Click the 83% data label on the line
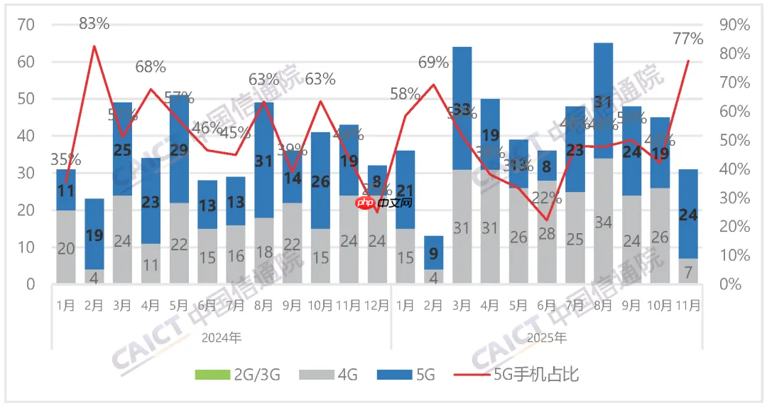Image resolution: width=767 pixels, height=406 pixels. [94, 23]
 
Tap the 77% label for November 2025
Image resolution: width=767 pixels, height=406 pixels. [687, 39]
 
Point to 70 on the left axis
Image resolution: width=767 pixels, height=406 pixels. [26, 25]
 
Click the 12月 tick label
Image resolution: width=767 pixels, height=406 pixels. [377, 306]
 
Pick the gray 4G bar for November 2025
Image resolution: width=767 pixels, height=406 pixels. [687, 271]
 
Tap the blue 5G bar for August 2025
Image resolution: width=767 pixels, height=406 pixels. [603, 100]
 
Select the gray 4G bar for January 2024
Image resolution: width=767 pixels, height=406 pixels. [66, 247]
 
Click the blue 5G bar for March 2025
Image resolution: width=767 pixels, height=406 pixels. [462, 108]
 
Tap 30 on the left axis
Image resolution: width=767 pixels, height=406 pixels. [26, 173]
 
